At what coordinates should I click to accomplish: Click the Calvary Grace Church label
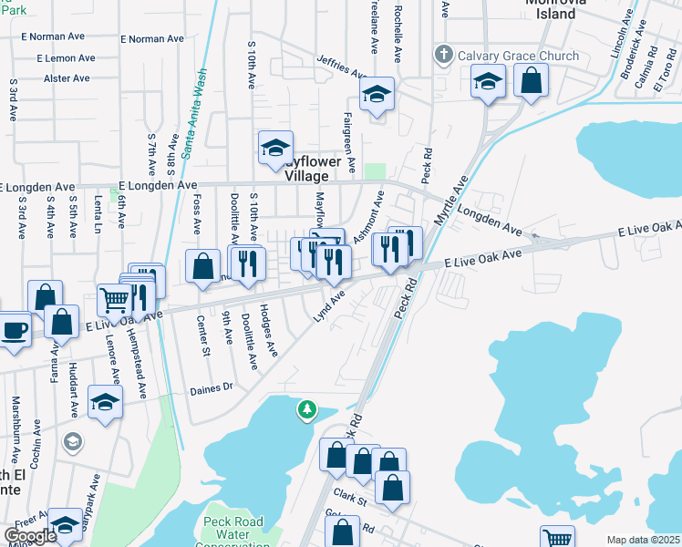tap(518, 56)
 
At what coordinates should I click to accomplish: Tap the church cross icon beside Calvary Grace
tap(444, 54)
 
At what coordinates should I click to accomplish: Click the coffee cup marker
tap(14, 329)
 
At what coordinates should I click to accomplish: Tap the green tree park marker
tap(308, 411)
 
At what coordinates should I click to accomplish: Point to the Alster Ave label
tap(67, 78)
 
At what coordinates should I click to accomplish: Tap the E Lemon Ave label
tap(66, 58)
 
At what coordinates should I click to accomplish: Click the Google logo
tap(29, 536)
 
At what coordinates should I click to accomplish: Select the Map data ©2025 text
tap(643, 540)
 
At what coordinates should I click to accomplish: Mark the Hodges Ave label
tap(268, 330)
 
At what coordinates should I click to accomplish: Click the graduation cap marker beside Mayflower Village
tap(274, 149)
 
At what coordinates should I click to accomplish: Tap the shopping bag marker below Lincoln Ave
tap(530, 79)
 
